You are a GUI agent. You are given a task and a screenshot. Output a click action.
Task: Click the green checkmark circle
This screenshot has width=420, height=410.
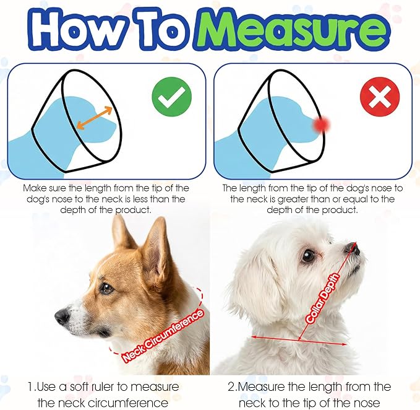coord(172,97)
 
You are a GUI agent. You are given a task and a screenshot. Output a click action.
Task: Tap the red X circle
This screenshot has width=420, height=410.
coord(380,97)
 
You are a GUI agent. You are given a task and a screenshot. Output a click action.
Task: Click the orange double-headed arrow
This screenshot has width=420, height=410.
coord(94,118)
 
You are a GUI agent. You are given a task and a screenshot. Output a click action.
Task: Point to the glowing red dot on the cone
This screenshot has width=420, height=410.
coord(321,124)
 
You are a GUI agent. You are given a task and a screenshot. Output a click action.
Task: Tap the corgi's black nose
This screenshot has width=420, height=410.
coord(62,316)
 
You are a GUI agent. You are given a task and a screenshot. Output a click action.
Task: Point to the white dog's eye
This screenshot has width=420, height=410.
coord(308,256)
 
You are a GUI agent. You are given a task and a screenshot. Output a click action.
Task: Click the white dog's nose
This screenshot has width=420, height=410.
coord(353,248)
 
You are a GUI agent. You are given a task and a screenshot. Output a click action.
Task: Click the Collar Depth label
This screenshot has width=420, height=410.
coord(322,298)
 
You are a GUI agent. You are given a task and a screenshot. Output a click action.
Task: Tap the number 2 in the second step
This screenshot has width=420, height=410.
coord(231,387)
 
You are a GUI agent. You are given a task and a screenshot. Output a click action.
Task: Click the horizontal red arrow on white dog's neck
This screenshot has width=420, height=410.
coord(299,340)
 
